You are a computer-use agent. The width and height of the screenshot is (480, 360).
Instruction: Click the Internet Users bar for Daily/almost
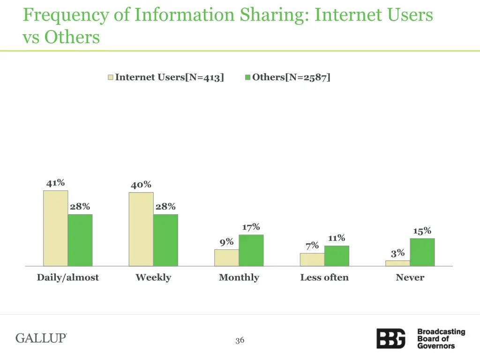pos(55,228)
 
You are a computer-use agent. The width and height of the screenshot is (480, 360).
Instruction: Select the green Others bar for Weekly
pos(165,240)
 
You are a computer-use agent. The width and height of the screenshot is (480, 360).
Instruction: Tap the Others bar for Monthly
pos(251,250)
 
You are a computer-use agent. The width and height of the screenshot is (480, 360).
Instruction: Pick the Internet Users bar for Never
pos(397,263)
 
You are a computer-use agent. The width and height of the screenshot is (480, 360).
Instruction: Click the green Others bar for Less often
pos(337,256)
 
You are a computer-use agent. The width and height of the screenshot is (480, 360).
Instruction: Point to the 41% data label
pos(55,183)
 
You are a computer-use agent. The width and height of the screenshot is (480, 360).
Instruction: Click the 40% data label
pos(141,185)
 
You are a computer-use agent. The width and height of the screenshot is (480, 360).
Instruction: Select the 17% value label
pos(251,227)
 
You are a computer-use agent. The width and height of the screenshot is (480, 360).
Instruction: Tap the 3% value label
pos(397,253)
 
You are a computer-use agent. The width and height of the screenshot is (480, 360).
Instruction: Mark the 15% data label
pos(422,231)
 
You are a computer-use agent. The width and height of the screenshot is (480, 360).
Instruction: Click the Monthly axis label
pos(239,277)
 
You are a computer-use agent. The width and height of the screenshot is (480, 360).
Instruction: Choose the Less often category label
pos(324,277)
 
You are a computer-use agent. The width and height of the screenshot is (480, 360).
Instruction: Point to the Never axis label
pos(410,277)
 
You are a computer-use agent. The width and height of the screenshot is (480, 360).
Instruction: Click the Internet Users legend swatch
pos(111,77)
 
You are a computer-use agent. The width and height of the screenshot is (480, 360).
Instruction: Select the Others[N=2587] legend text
pos(291,77)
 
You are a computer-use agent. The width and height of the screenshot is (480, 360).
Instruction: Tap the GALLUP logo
pos(42,338)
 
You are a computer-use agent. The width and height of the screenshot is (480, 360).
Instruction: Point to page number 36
pos(240,340)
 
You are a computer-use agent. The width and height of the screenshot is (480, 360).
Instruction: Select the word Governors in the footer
pos(436,346)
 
